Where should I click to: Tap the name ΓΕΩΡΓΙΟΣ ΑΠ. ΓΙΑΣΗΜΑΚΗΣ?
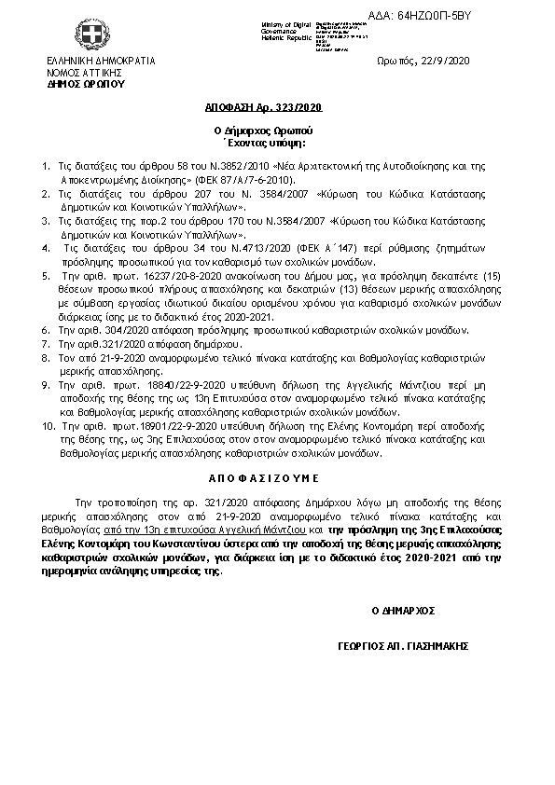[x=403, y=646]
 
